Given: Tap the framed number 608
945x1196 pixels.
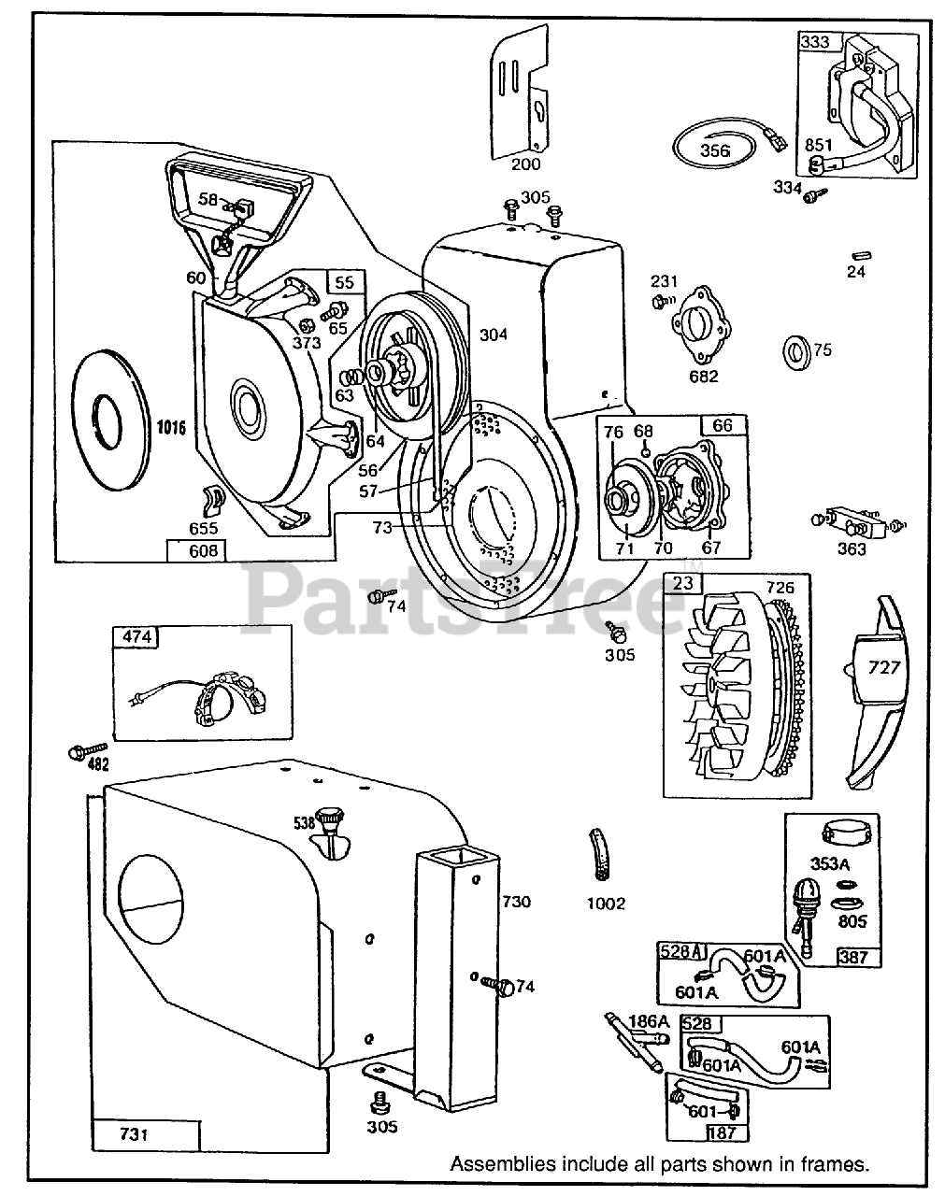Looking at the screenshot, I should click(203, 551).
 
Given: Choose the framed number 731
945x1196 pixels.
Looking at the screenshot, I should click(135, 1134).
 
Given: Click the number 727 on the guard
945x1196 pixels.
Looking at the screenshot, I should click(884, 666).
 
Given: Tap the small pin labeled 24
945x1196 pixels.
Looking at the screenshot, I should click(856, 254).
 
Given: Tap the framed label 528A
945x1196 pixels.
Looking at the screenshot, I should click(681, 950).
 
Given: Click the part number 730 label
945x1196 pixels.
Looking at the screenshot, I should click(516, 902).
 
